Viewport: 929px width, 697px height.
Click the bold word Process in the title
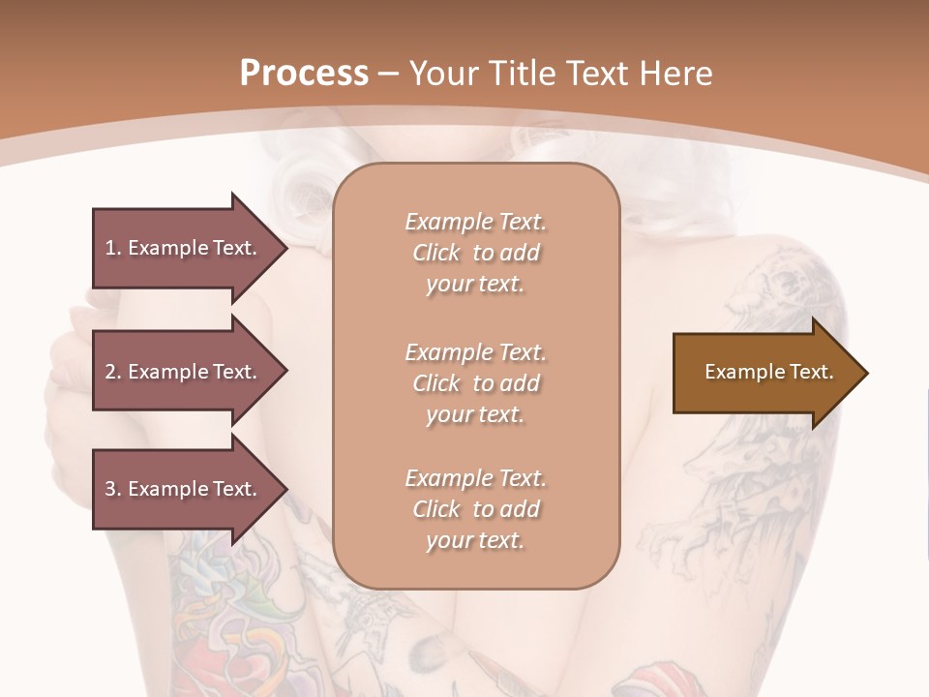tap(304, 74)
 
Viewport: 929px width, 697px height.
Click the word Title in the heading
tap(519, 74)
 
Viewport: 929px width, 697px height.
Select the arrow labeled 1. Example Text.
tap(190, 248)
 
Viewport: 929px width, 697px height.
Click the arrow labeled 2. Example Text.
tap(190, 372)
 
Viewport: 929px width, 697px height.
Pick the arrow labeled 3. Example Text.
tap(190, 489)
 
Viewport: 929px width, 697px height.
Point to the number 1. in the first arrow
tap(113, 248)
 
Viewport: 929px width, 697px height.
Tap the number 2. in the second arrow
tap(113, 372)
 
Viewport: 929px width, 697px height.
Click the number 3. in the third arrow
tap(113, 489)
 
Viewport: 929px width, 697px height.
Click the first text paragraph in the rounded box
tap(475, 253)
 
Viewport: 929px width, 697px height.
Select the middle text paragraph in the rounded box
tap(475, 383)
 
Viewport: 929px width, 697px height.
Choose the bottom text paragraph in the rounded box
tap(475, 509)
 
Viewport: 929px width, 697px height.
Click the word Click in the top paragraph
tap(435, 253)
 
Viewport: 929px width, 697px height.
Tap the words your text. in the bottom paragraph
tap(475, 540)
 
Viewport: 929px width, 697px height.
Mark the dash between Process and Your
tap(389, 74)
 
